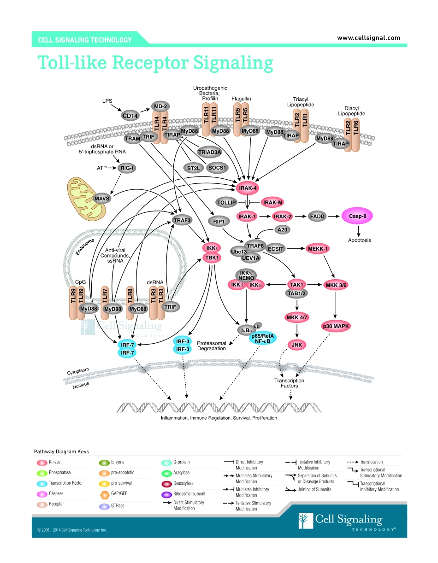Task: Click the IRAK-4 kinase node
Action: (248, 188)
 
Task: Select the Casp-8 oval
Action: (357, 216)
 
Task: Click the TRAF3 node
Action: (182, 220)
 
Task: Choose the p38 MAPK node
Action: (336, 326)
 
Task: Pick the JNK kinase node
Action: (296, 344)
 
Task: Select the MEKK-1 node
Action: (318, 249)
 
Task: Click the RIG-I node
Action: (127, 168)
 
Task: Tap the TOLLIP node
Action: (226, 202)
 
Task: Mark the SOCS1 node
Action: (217, 168)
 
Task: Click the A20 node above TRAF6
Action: (281, 229)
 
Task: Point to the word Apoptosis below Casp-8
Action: (359, 240)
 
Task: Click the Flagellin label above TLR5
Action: (241, 99)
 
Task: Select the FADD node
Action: (318, 216)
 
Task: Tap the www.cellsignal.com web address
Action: (368, 38)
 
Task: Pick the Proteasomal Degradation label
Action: (212, 346)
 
